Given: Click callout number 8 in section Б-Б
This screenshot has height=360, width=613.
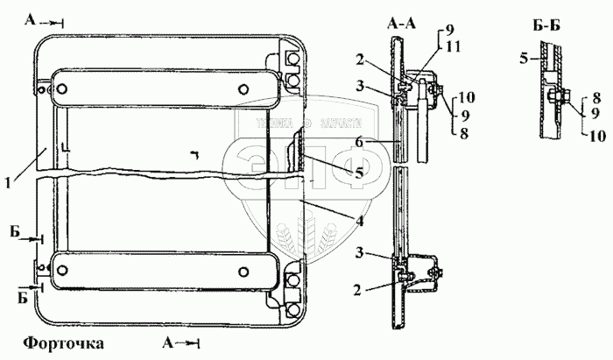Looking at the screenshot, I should pyautogui.click(x=596, y=98).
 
